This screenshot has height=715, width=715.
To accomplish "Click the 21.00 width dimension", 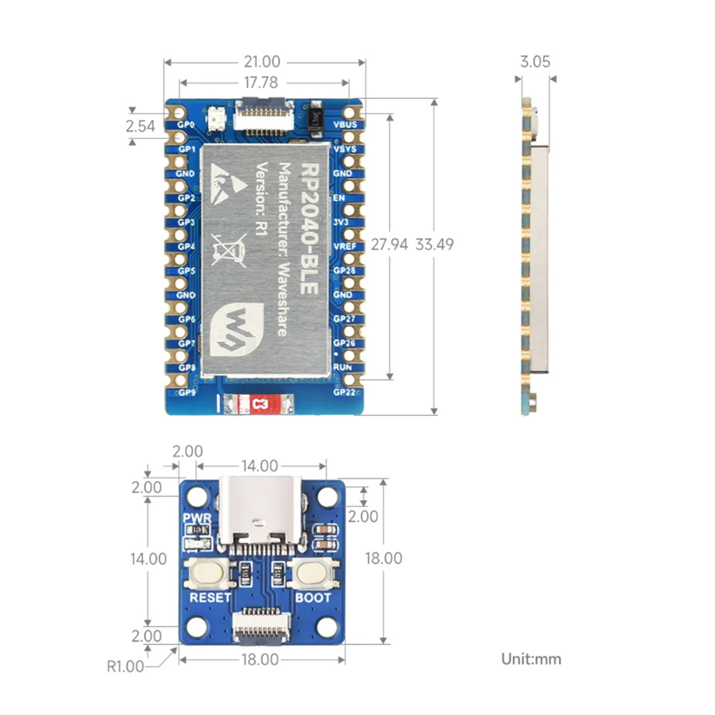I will [x=262, y=61].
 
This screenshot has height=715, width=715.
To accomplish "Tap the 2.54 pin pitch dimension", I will [x=140, y=126].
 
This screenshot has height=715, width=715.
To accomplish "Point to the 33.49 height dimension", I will [x=434, y=244].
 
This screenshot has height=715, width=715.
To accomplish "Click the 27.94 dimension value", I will [x=389, y=244].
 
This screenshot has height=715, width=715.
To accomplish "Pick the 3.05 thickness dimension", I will [x=535, y=61].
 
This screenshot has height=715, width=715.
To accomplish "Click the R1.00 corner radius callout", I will [x=125, y=666].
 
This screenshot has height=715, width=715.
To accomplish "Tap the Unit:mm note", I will [x=531, y=659].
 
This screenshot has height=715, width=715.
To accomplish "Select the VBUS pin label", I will [x=345, y=125].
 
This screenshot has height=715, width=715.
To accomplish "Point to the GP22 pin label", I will [x=344, y=392].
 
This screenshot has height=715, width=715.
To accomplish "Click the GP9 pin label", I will [x=186, y=393].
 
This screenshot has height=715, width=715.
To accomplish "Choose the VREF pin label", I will [x=344, y=246].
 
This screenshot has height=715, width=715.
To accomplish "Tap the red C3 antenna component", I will [x=260, y=405].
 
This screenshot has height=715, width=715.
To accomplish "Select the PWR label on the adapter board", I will [x=197, y=518].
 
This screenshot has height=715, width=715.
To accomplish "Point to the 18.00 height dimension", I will [x=383, y=558].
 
